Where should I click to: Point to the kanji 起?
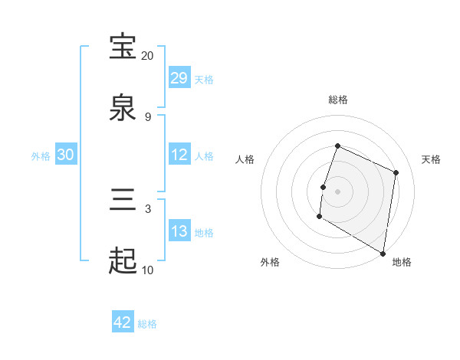[123, 261]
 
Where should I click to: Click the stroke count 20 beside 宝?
[148, 56]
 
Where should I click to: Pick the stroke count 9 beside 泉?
[148, 117]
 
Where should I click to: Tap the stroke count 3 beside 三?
[148, 208]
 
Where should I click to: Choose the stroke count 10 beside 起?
[148, 270]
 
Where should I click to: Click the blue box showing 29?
[179, 78]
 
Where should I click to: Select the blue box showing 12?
[179, 155]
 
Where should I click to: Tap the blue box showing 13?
[179, 231]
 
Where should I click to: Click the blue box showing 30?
[66, 155]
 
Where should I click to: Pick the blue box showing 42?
[123, 322]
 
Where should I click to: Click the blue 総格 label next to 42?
[147, 324]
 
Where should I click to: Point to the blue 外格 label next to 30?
[41, 155]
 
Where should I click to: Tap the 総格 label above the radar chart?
[338, 100]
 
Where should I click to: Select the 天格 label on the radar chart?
[431, 159]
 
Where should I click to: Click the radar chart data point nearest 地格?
[383, 253]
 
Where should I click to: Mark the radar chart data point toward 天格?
[396, 172]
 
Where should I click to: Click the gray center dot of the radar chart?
[338, 190]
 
